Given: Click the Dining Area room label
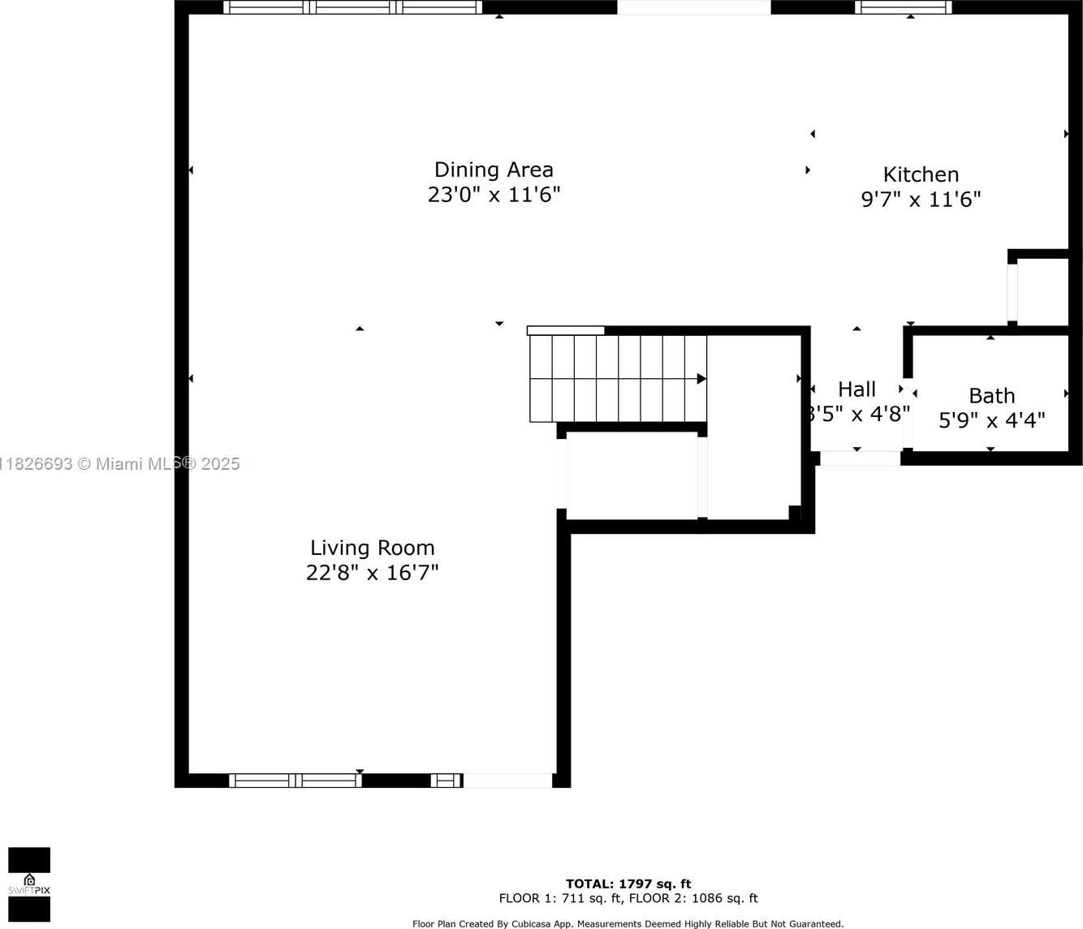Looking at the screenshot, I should tap(494, 170).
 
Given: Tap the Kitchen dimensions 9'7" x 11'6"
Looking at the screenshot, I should tap(921, 200).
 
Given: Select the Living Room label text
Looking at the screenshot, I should tap(372, 548).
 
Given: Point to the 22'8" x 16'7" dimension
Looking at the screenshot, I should tap(372, 573).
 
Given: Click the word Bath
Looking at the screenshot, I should tap(991, 396).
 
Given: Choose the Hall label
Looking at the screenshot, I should tap(856, 389).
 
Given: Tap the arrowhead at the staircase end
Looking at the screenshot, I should tap(701, 379).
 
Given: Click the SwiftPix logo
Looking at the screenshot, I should tap(29, 884).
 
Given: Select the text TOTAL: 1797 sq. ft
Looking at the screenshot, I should tap(628, 884).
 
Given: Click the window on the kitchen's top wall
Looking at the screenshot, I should tap(903, 7).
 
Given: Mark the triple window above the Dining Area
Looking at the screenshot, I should tap(352, 7).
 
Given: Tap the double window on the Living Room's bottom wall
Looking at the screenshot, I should tap(296, 781).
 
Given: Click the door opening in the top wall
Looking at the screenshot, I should tap(693, 7).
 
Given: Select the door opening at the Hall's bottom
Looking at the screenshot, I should tap(860, 458).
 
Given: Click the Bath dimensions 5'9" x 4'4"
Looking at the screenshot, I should tap(991, 420).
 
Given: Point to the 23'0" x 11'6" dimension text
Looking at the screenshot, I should tap(494, 195).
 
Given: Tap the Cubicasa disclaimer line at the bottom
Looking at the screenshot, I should tap(628, 923).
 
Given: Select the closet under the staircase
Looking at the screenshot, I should tap(632, 475).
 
